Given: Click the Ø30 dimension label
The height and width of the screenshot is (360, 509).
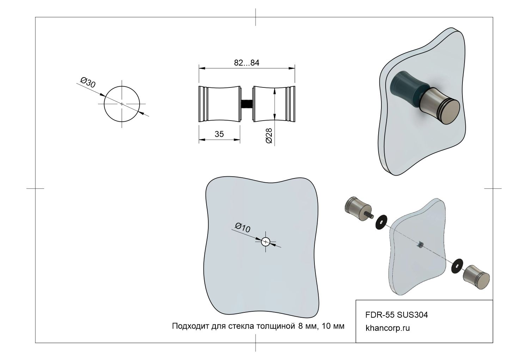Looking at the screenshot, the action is pos(88,82).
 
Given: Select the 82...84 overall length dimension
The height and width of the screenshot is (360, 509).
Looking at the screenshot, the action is pos(246,63).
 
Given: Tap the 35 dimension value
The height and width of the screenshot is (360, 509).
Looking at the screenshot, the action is pos(219,134).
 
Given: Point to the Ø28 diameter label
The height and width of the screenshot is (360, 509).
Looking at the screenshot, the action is pos(269,136).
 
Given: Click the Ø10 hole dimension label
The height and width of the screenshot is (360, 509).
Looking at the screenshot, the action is pos(243,228).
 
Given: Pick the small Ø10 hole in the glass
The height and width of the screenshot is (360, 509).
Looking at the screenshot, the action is pos(265,242).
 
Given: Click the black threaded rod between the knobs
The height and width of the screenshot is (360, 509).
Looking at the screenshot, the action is pos(246,104).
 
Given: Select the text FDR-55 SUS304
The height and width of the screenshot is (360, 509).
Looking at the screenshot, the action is pos(397,315).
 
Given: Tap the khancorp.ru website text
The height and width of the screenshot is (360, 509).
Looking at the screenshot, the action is pos(388,328).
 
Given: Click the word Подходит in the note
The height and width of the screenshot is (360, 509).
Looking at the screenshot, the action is pos(190,326).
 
